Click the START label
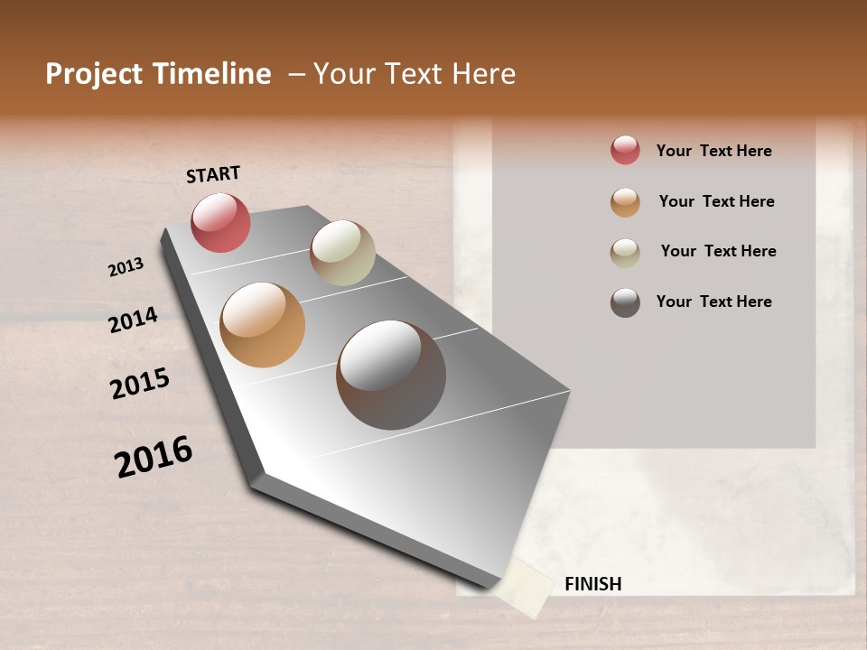click(x=213, y=174)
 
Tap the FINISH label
click(x=593, y=584)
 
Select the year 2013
click(x=126, y=266)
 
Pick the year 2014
click(x=133, y=320)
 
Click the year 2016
click(x=154, y=457)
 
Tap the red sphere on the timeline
click(x=220, y=222)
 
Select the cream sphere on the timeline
click(x=342, y=253)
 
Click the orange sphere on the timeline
click(x=262, y=325)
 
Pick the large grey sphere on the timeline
click(x=391, y=375)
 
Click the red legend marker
click(x=625, y=151)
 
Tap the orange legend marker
click(x=625, y=202)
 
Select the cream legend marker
click(x=625, y=253)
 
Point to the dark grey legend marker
click(x=625, y=302)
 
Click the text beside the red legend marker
click(x=713, y=151)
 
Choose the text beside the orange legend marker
click(x=716, y=201)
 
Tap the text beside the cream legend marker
click(x=718, y=251)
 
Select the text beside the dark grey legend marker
click(x=713, y=302)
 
